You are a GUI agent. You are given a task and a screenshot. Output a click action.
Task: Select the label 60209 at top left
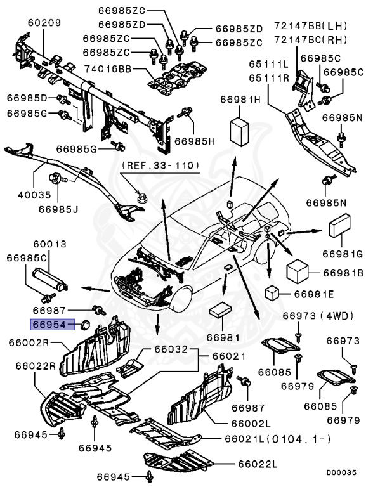(44, 23)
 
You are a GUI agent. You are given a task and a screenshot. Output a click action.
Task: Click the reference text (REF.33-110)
(160, 165)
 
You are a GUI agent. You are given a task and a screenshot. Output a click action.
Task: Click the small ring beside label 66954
(83, 326)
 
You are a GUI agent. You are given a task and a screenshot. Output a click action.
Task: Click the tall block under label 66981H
(240, 132)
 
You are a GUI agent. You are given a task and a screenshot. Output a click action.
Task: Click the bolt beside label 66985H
(186, 113)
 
